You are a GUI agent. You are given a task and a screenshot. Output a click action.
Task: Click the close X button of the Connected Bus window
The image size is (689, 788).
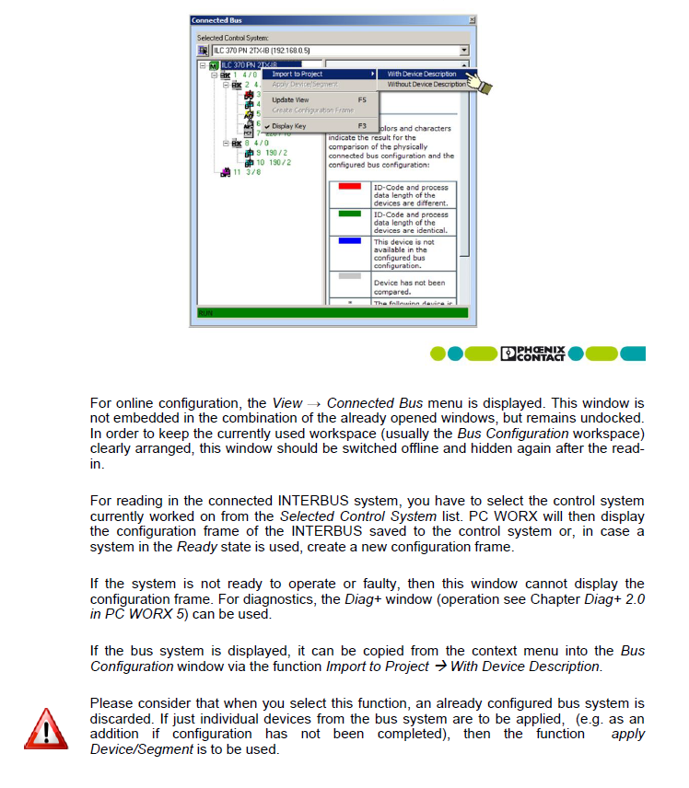pyautogui.click(x=472, y=20)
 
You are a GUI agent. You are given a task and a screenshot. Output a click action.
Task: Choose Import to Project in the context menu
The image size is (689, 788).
pyautogui.click(x=297, y=74)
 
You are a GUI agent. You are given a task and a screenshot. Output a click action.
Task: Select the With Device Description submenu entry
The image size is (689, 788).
pyautogui.click(x=421, y=74)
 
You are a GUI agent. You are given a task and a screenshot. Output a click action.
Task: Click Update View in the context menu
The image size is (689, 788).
pyautogui.click(x=290, y=99)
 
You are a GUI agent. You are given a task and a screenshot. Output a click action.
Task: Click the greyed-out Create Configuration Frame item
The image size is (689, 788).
pyautogui.click(x=312, y=110)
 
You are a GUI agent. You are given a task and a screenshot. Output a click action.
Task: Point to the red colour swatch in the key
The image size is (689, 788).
pyautogui.click(x=350, y=187)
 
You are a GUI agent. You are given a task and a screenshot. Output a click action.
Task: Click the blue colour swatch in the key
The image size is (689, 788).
pyautogui.click(x=350, y=242)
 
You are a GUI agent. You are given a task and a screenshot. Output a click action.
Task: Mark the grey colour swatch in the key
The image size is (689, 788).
pyautogui.click(x=350, y=275)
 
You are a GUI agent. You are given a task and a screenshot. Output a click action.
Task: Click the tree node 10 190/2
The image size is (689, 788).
pyautogui.click(x=273, y=162)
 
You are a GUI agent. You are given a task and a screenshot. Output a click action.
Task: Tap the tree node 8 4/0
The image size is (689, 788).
pyautogui.click(x=256, y=143)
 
